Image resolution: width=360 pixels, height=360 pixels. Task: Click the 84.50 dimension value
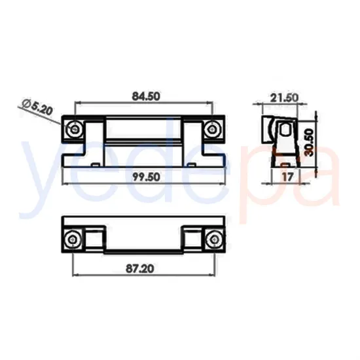[x=145, y=96]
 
